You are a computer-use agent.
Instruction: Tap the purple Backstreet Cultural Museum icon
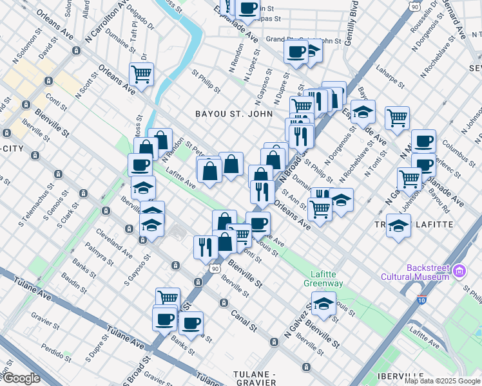pyautogui.click(x=459, y=271)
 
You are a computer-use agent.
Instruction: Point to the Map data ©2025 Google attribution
pyautogui.click(x=441, y=381)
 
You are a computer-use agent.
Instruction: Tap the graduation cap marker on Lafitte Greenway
pyautogui.click(x=323, y=303)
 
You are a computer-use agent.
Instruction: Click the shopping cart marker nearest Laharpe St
pyautogui.click(x=397, y=117)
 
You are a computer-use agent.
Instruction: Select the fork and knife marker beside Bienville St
pyautogui.click(x=206, y=246)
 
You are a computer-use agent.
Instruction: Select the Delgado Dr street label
pyautogui.click(x=140, y=19)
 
